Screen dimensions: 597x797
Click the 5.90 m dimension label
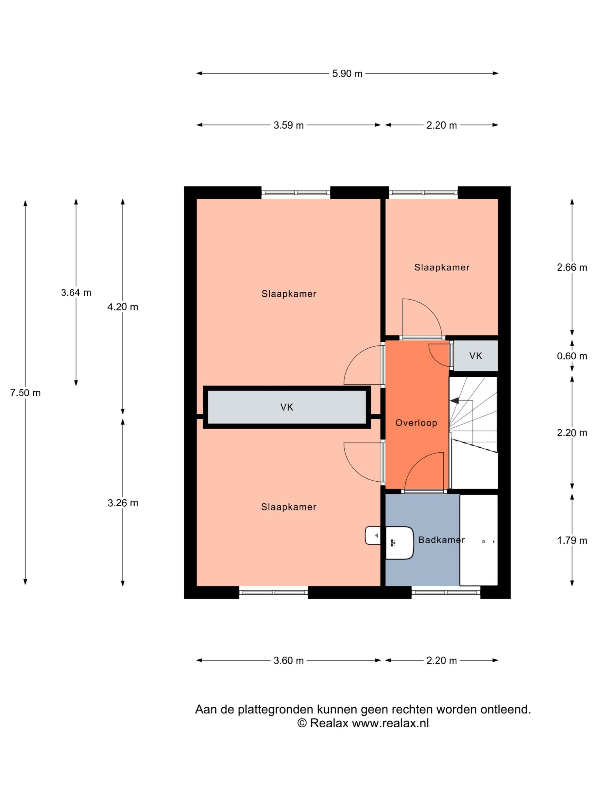[x=347, y=74]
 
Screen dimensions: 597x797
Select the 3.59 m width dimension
[x=288, y=125]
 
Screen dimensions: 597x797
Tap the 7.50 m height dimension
[x=25, y=393]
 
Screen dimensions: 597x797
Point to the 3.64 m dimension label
[x=76, y=293]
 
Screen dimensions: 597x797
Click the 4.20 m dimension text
[x=123, y=307]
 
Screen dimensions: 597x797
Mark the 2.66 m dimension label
[x=572, y=267]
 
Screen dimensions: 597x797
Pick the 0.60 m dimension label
[x=572, y=356]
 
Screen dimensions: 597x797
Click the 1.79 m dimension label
[x=572, y=540]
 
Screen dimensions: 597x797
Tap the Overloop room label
[x=416, y=423]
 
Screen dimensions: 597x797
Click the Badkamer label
[x=441, y=540]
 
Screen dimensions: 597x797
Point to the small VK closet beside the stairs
[x=475, y=356]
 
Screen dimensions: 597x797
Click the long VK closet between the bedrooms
[x=287, y=407]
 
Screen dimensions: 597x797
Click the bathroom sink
[x=399, y=543]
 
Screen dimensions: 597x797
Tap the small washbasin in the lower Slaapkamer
[x=373, y=535]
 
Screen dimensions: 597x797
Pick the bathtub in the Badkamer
[x=479, y=540]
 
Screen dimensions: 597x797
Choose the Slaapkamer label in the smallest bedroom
[x=442, y=267]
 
